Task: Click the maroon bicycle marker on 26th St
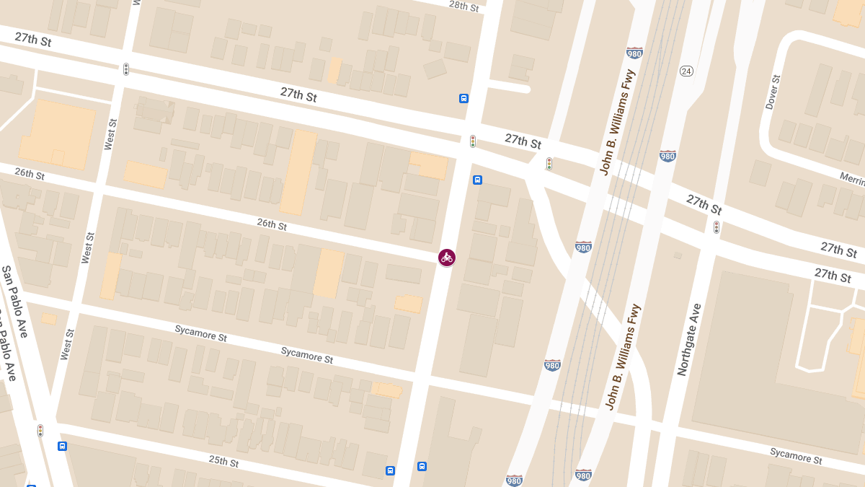click(x=447, y=258)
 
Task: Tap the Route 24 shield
click(x=686, y=71)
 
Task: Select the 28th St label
click(x=463, y=6)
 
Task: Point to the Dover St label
click(x=772, y=92)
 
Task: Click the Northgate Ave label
click(x=688, y=339)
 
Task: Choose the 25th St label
click(x=223, y=461)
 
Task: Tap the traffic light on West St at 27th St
click(x=126, y=69)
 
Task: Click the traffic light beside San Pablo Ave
click(x=40, y=431)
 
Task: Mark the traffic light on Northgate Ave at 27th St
click(x=716, y=228)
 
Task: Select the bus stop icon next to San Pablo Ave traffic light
click(x=63, y=446)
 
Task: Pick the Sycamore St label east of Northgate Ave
click(x=795, y=456)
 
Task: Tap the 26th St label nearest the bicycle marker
click(x=272, y=224)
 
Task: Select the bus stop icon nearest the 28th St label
click(x=463, y=98)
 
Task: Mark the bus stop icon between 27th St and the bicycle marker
click(x=477, y=180)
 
